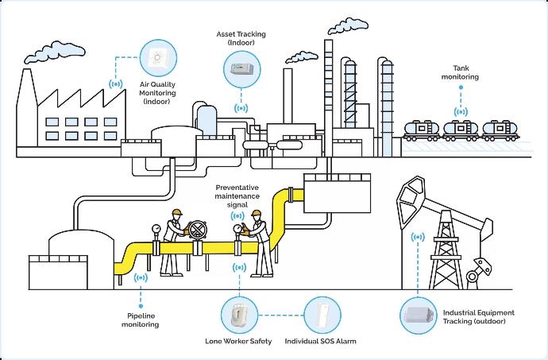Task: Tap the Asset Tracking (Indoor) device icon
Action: pos(239,68)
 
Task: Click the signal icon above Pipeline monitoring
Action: pos(141,278)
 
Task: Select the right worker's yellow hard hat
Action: pos(256,214)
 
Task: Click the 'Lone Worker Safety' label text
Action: pos(238,342)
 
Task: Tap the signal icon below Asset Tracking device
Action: pos(239,106)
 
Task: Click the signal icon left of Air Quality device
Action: pos(116,82)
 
